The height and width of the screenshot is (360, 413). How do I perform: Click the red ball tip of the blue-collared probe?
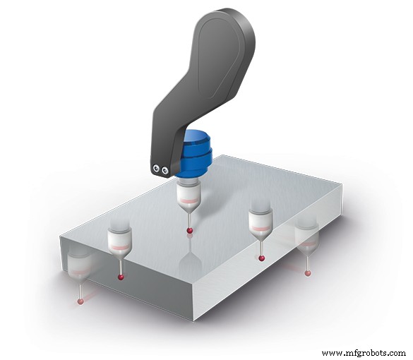(188, 231)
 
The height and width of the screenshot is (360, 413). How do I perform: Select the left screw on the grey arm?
(156, 168)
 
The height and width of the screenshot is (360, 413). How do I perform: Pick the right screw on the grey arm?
(165, 170)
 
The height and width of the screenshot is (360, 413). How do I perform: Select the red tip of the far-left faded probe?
(80, 301)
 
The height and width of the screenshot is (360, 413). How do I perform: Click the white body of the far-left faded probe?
(80, 265)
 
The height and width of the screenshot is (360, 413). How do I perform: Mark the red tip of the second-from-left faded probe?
(121, 277)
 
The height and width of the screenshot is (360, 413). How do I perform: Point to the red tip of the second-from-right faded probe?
(262, 258)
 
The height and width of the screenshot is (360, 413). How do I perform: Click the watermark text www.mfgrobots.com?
(364, 352)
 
